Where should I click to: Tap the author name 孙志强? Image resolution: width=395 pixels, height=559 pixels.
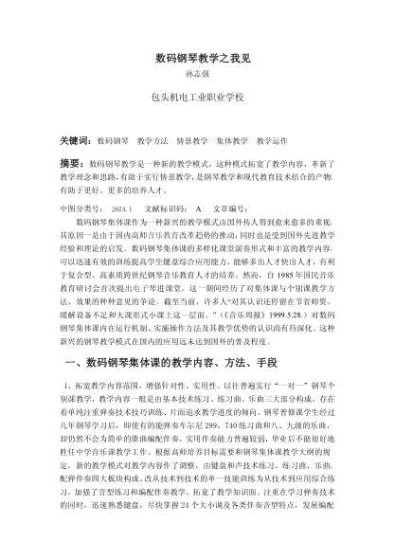pyautogui.click(x=197, y=74)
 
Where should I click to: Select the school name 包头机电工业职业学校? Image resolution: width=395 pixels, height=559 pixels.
pyautogui.click(x=197, y=98)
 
